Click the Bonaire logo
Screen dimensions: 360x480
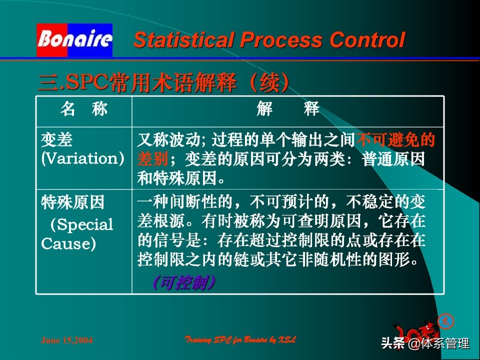click(x=74, y=39)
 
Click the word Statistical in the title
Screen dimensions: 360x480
click(x=179, y=40)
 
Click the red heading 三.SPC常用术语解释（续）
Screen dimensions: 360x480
click(x=164, y=82)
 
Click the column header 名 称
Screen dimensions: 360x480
click(x=83, y=109)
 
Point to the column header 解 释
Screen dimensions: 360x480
click(x=288, y=109)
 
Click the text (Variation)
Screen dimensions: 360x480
click(x=82, y=159)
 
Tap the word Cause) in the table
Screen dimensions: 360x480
click(x=68, y=243)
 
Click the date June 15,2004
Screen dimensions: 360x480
click(x=66, y=340)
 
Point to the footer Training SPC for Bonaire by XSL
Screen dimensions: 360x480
click(x=240, y=340)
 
